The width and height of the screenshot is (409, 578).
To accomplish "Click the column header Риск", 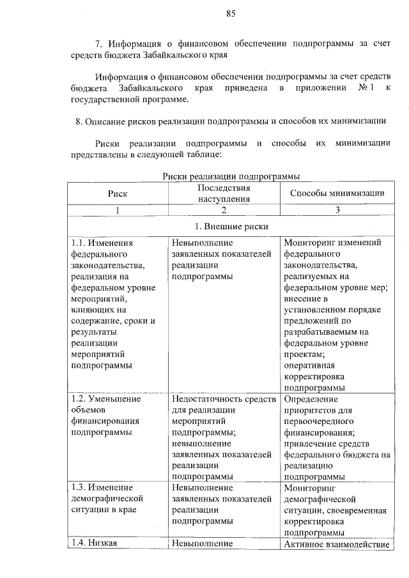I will [118, 193].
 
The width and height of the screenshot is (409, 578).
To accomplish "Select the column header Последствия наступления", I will [223, 194].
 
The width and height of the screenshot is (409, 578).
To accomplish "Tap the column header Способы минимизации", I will [336, 193].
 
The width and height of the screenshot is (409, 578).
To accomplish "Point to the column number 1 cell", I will [118, 210].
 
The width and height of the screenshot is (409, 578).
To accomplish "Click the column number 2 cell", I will [223, 210].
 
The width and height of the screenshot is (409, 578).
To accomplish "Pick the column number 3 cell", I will [336, 210].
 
